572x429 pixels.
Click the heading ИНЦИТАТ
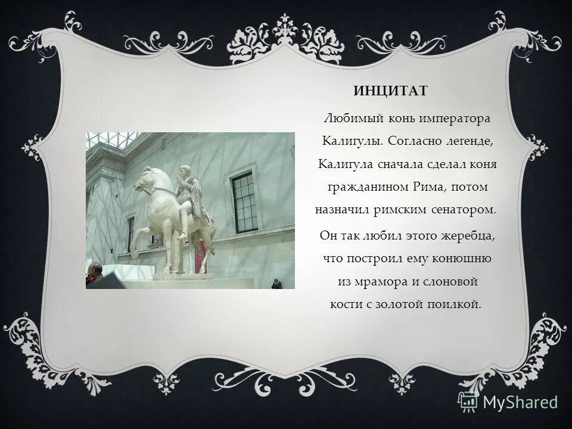click(x=391, y=91)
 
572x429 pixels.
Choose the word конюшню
click(x=464, y=258)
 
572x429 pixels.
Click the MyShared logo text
click(x=520, y=402)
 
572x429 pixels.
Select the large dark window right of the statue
click(x=244, y=203)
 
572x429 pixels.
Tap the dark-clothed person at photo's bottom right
click(x=276, y=283)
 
